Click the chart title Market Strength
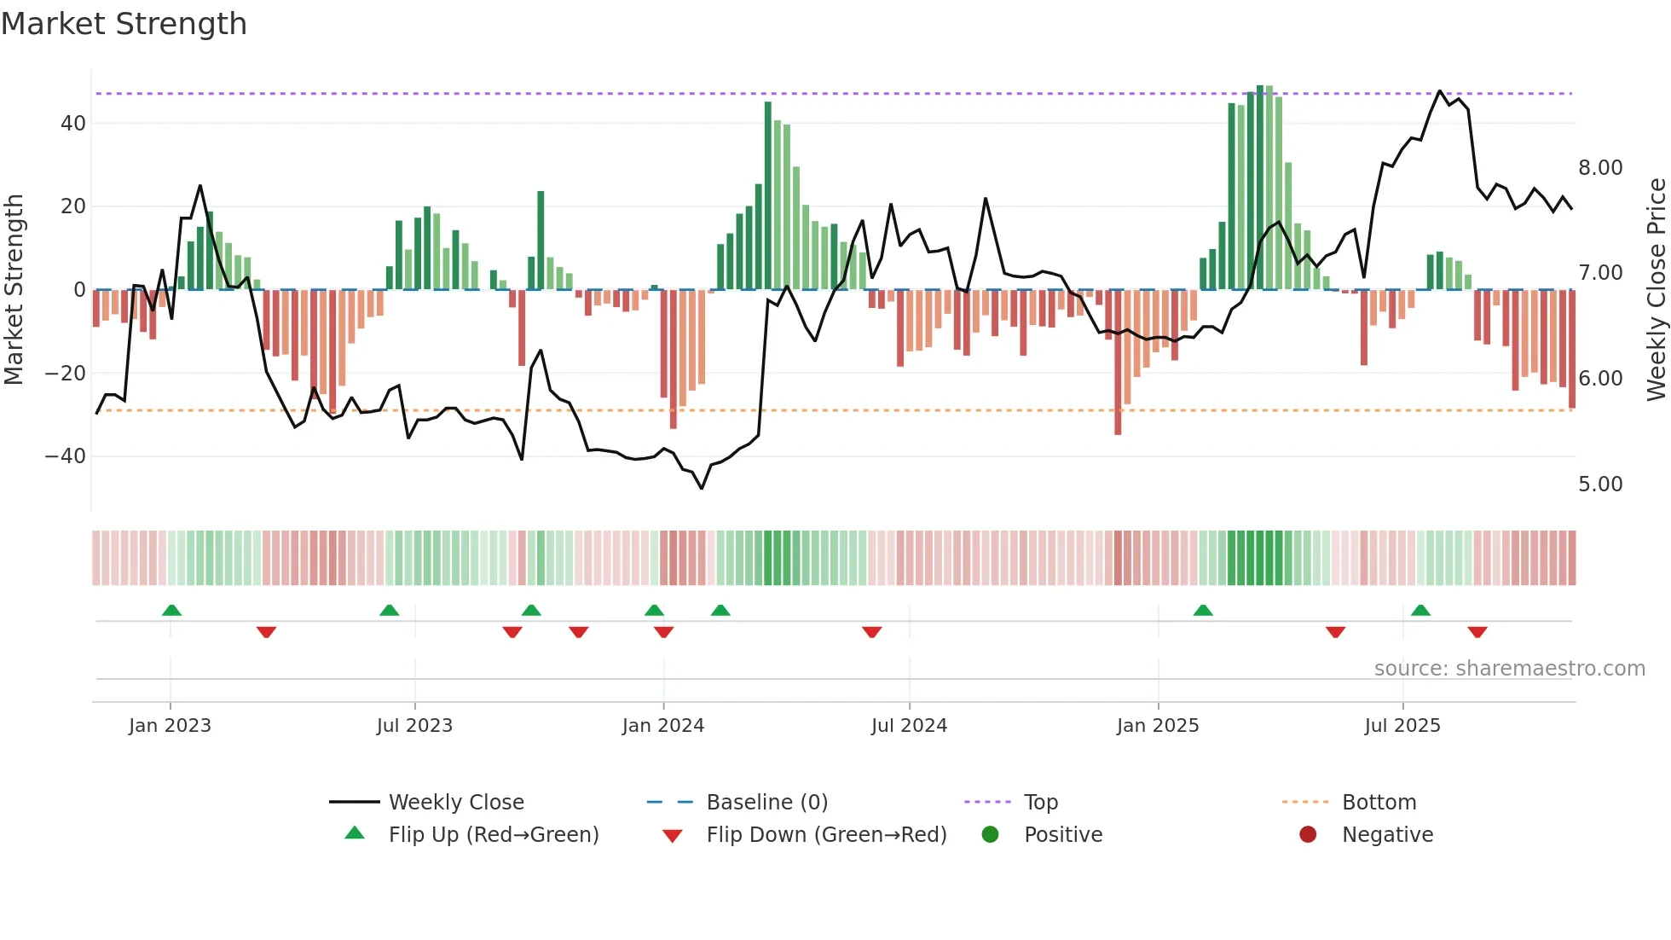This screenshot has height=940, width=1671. click(124, 24)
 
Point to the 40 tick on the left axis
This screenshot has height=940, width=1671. click(73, 123)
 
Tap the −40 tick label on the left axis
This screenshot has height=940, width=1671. click(66, 456)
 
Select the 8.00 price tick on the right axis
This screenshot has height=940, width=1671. click(1600, 168)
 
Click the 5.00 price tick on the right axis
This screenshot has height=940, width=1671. click(1600, 485)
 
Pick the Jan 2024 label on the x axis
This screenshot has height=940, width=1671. click(663, 726)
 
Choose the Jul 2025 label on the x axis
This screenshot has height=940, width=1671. click(1402, 726)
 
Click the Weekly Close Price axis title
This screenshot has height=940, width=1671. click(1656, 290)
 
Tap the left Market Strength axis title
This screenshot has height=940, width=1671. click(14, 290)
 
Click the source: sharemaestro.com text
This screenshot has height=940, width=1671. click(1509, 669)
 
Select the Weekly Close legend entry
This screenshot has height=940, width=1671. click(456, 803)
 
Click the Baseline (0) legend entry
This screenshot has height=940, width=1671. click(766, 803)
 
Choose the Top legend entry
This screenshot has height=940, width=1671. click(1040, 803)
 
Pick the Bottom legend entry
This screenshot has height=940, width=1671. click(1379, 803)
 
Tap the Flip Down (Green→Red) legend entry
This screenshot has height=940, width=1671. click(826, 835)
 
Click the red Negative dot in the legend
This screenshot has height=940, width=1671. click(1308, 834)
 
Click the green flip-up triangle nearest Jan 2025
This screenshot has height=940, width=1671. click(1203, 611)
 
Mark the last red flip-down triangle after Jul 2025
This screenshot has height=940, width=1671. click(1477, 632)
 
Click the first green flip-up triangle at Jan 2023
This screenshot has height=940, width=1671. click(171, 611)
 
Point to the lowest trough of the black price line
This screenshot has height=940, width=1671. click(702, 488)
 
